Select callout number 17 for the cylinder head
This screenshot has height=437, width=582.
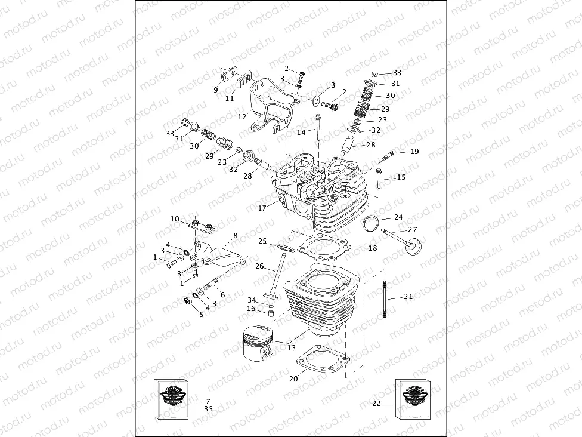click(262, 208)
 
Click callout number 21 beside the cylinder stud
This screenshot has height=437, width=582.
click(408, 296)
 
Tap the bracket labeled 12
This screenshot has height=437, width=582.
click(267, 107)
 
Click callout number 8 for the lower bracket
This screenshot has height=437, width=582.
click(235, 236)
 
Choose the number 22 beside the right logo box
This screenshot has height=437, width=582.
click(376, 404)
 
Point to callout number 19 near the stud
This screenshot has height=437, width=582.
click(414, 152)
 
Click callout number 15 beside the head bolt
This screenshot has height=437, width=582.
click(401, 177)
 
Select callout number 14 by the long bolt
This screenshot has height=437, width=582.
click(301, 131)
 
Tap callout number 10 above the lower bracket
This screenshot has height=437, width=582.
click(175, 219)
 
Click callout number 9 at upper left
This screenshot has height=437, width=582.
click(216, 90)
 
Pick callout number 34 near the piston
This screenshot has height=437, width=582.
click(252, 300)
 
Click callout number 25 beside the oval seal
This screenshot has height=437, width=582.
click(262, 241)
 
